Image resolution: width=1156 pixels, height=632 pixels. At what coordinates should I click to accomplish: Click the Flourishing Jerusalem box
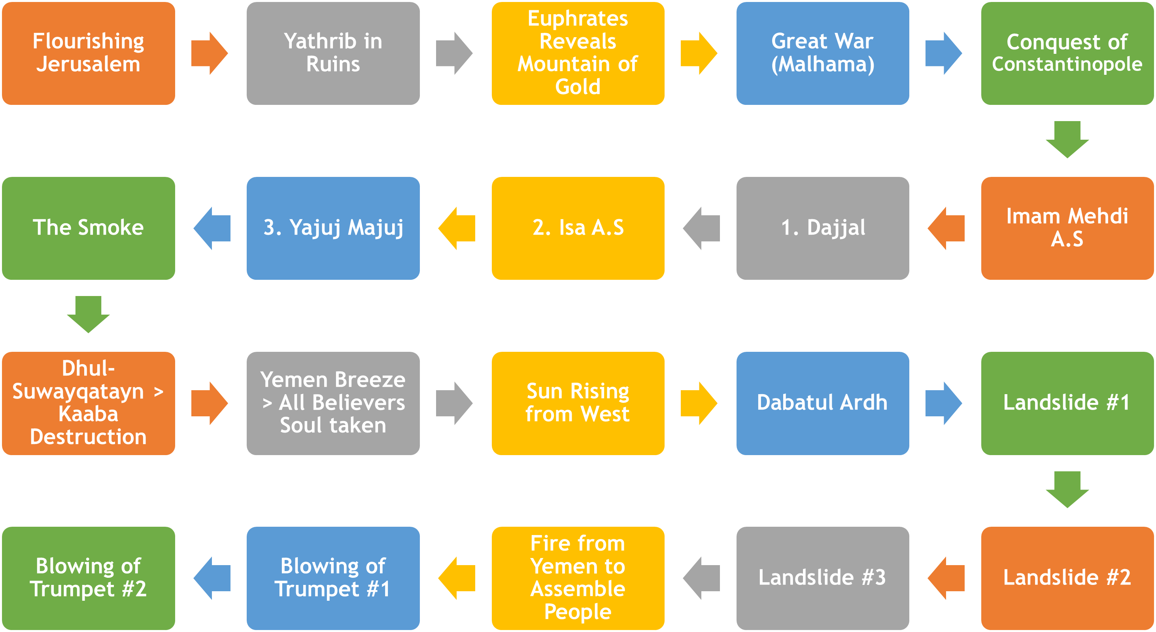click(x=89, y=53)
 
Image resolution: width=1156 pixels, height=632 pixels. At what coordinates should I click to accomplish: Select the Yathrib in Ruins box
click(x=333, y=53)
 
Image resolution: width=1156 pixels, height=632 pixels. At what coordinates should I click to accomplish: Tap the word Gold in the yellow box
click(x=578, y=87)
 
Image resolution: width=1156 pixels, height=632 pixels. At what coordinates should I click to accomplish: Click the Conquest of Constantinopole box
click(x=1067, y=53)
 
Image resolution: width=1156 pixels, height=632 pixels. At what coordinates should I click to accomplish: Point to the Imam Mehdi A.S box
click(x=1067, y=228)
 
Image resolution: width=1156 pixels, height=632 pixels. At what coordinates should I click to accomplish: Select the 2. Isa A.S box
click(x=578, y=228)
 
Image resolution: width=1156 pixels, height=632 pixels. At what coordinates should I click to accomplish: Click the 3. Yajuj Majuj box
click(x=333, y=228)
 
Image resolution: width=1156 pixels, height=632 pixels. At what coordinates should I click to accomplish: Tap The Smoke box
click(x=89, y=228)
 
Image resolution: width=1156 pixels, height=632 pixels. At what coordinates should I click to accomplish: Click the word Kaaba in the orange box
click(x=89, y=414)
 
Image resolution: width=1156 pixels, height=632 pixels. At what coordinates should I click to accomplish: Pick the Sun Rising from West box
click(x=578, y=403)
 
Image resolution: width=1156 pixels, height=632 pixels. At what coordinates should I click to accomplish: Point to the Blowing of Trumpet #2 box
click(x=89, y=578)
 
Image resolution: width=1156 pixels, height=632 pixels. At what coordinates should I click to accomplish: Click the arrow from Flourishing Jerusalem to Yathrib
click(x=209, y=53)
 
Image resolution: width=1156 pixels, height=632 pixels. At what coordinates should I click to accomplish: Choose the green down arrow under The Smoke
click(x=89, y=314)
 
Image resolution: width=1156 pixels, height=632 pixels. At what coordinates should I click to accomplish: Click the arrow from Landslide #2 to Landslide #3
click(x=946, y=578)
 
